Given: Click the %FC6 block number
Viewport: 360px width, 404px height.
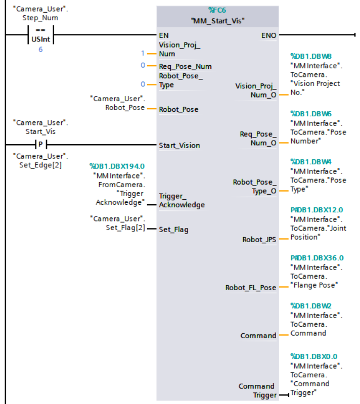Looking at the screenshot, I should tap(218, 10).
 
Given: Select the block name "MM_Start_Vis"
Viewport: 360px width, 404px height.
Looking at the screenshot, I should tap(217, 21).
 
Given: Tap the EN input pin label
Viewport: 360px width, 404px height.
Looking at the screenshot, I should tap(164, 35).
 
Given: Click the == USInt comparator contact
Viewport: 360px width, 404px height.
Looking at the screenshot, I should tap(40, 35).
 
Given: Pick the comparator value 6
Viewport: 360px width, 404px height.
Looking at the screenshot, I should tap(40, 50).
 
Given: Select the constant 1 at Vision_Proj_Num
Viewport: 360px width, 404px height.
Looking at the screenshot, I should tap(143, 53).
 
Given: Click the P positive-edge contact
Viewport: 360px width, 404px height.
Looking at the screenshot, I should tap(40, 145).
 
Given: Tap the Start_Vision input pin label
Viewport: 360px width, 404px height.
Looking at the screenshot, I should tap(179, 146).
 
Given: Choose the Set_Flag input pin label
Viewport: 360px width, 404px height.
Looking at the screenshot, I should tap(173, 229).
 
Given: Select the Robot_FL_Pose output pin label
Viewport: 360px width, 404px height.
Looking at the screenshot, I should tap(251, 288).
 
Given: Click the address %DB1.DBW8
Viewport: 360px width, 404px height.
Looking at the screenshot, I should tap(310, 56).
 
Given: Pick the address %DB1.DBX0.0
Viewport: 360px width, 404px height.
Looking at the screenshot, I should tap(313, 356).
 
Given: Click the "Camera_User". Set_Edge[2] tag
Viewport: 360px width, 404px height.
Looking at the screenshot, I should tap(40, 160).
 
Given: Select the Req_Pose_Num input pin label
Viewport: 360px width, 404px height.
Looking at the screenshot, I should tap(185, 66).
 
